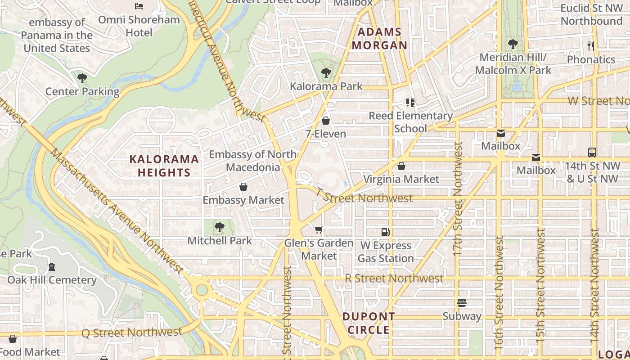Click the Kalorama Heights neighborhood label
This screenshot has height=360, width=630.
pyautogui.click(x=164, y=166)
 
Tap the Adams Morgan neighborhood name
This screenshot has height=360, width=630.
pyautogui.click(x=379, y=39)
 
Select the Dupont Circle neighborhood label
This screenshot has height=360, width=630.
pyautogui.click(x=369, y=323)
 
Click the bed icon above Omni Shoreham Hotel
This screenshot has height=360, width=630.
pyautogui.click(x=139, y=6)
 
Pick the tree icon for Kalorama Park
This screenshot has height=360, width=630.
pyautogui.click(x=326, y=73)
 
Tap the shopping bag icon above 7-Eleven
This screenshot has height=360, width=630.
pyautogui.click(x=326, y=121)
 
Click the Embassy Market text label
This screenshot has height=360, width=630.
pyautogui.click(x=243, y=200)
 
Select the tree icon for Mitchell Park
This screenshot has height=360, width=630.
pyautogui.click(x=219, y=227)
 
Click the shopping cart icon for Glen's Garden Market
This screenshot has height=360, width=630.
pyautogui.click(x=319, y=230)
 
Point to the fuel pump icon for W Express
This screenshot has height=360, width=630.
pyautogui.click(x=385, y=232)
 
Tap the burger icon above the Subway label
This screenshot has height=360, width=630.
pyautogui.click(x=461, y=303)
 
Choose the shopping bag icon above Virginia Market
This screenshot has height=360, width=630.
pyautogui.click(x=401, y=166)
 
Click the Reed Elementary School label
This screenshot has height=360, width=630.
pyautogui.click(x=410, y=122)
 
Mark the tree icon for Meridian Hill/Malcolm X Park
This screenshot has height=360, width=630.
pyautogui.click(x=513, y=44)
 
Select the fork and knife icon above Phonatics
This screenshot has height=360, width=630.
pyautogui.click(x=591, y=46)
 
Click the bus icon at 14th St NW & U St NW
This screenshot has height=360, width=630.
pyautogui.click(x=592, y=153)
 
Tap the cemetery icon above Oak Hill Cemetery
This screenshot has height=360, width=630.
pyautogui.click(x=52, y=266)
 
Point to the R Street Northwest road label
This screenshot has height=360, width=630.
pyautogui.click(x=394, y=279)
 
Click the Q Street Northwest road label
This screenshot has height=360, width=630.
pyautogui.click(x=131, y=333)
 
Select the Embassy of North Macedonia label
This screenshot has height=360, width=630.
pyautogui.click(x=252, y=161)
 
